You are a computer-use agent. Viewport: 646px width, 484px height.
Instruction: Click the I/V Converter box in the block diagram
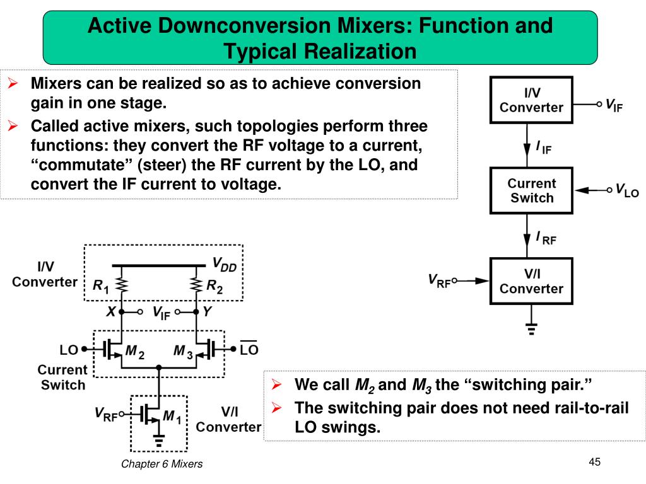pos(531,100)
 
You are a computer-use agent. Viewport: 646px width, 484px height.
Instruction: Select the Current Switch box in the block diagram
pos(531,190)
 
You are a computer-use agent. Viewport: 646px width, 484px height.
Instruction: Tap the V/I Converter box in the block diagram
pos(531,281)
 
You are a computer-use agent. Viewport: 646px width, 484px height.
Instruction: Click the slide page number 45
pos(594,463)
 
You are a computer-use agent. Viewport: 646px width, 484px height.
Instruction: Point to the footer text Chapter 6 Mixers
pos(162,464)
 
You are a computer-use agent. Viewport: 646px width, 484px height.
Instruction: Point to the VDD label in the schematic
pos(224,265)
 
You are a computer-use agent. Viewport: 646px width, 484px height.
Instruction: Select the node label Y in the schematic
pos(207,311)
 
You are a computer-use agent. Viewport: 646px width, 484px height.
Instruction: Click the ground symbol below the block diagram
pos(531,328)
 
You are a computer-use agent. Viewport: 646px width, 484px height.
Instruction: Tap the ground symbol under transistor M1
pos(159,440)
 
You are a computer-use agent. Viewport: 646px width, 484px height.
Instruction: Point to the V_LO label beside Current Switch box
pos(626,190)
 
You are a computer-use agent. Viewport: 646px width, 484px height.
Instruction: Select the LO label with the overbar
pos(249,349)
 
